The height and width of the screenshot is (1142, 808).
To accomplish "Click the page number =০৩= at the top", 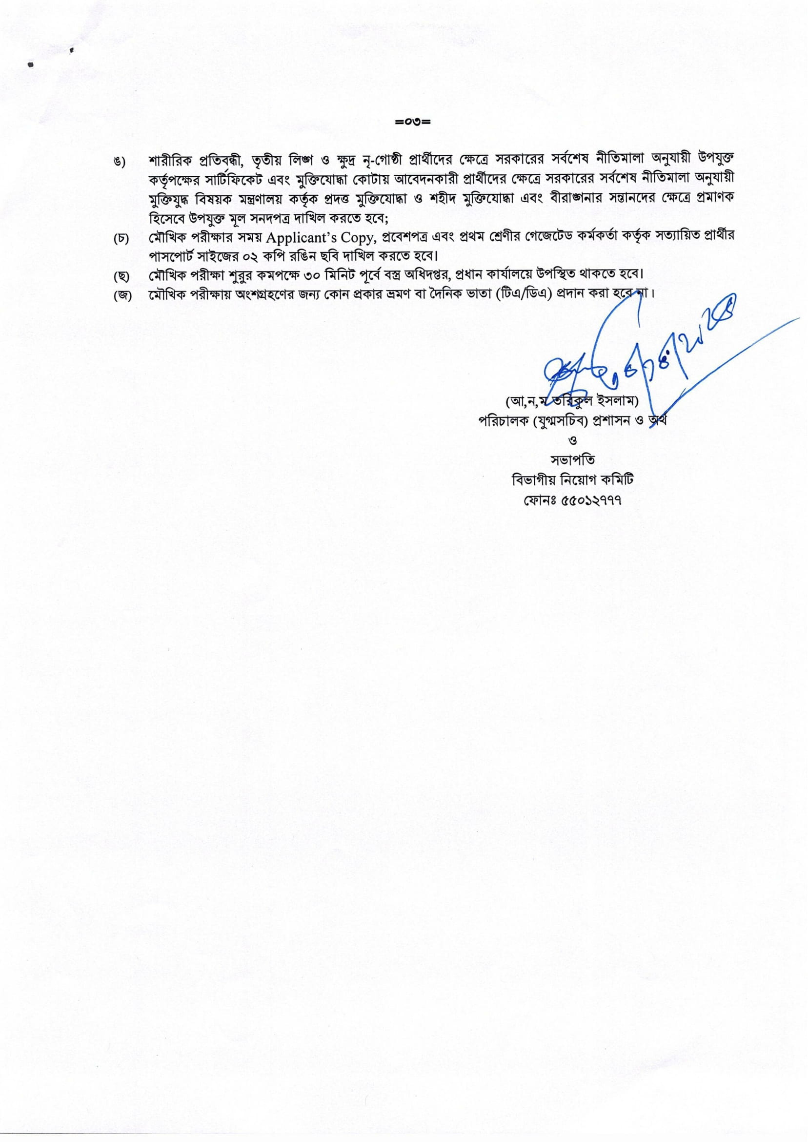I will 412,122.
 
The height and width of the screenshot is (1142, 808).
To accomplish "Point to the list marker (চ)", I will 121,239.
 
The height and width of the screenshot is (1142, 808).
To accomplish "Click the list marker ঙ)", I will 119,163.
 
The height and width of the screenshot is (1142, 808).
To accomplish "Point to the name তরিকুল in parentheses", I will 587,400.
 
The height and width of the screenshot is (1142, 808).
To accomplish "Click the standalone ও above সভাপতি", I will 572,440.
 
